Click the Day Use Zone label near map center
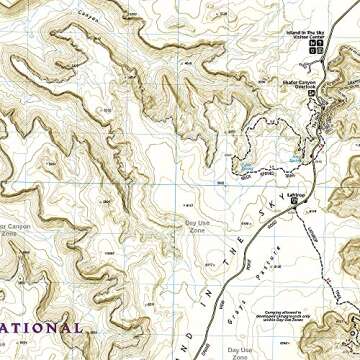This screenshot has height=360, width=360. (198, 226)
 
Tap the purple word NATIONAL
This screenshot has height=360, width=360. (40, 327)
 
